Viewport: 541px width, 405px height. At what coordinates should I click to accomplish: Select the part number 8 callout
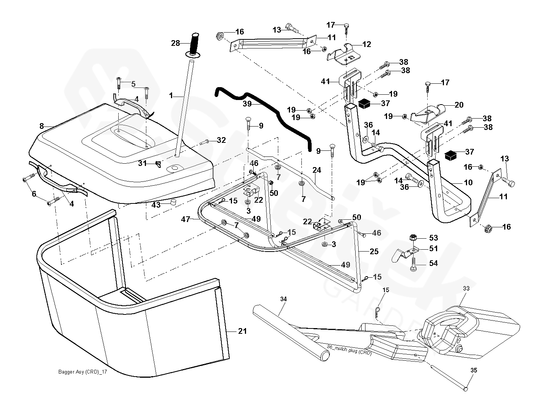tap(42, 126)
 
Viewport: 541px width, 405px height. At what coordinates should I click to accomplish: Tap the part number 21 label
tap(242, 331)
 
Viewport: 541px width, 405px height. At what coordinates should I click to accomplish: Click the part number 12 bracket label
tap(367, 44)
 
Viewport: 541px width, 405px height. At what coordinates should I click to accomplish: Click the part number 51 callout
tap(433, 249)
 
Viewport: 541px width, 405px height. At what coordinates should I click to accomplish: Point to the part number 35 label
tap(474, 370)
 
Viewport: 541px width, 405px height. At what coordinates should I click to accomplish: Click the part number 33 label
tap(466, 288)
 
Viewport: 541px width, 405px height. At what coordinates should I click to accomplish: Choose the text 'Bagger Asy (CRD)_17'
tap(83, 372)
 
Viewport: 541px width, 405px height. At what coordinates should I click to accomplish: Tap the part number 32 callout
tap(221, 140)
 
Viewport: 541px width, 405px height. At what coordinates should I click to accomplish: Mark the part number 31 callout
tap(142, 163)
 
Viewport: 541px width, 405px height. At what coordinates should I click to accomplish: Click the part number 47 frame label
tap(185, 219)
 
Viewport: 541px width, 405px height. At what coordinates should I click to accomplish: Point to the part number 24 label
tap(317, 170)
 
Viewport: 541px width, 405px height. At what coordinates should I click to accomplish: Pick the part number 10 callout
tap(468, 183)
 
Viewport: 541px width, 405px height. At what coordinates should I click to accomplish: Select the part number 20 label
tap(459, 105)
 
